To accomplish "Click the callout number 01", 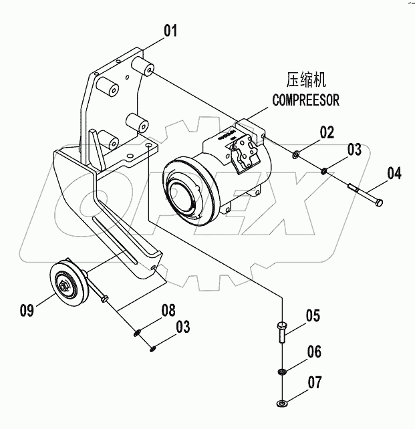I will point(172,31).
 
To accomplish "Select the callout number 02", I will point(325,132).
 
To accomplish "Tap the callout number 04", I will point(394,174).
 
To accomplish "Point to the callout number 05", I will point(313,315).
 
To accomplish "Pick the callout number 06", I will point(313,351).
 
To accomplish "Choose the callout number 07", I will point(314,383).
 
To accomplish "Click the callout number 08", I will point(168,309).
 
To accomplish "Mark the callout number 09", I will point(27,309).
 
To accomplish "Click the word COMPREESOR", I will point(305,100).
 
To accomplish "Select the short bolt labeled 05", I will point(281,331).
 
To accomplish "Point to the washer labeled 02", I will point(295,156).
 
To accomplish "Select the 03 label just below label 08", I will point(182,327).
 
